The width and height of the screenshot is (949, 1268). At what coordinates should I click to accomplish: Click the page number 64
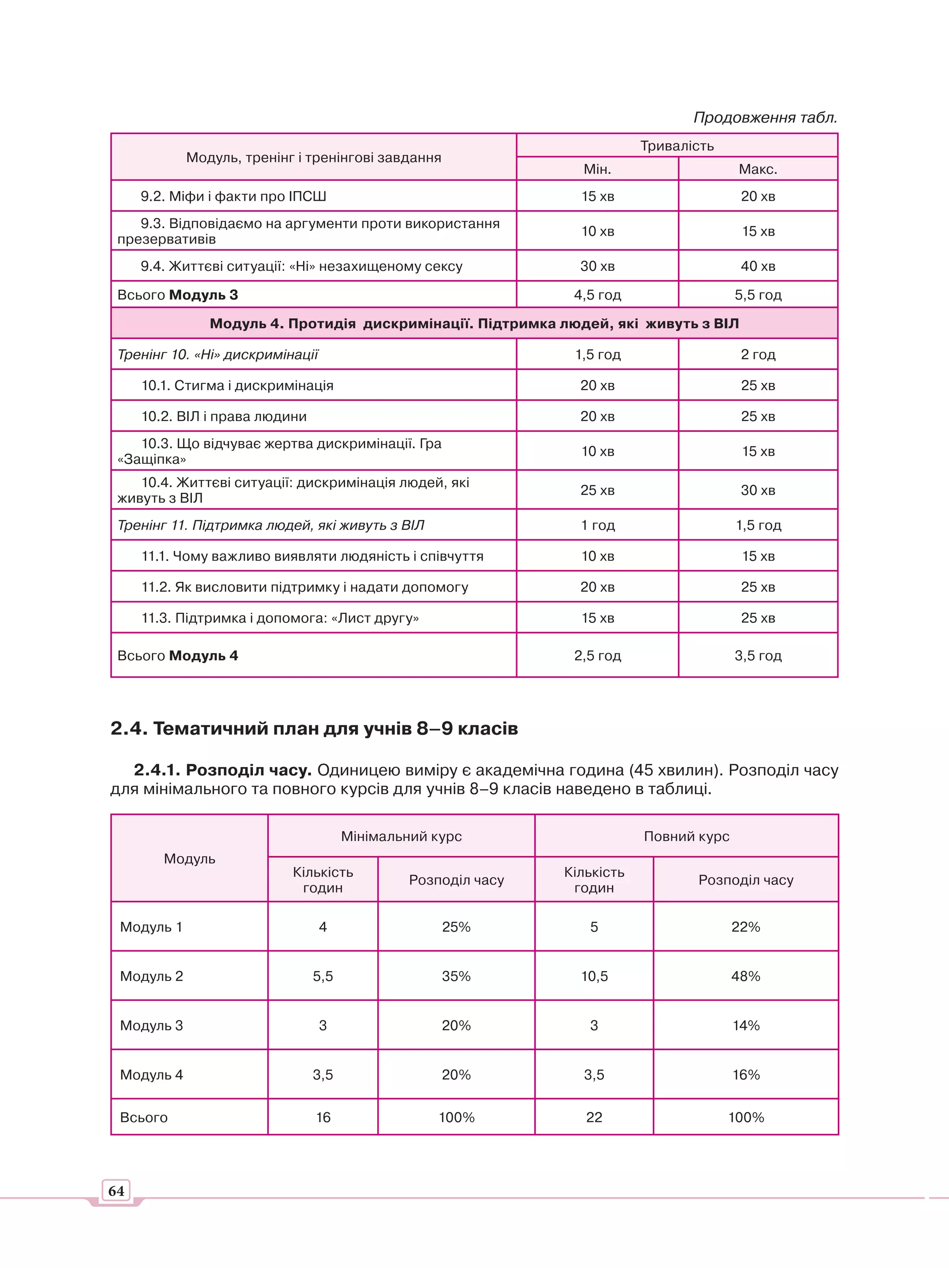pyautogui.click(x=116, y=1191)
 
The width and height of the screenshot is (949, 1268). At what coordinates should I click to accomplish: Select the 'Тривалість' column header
pyautogui.click(x=677, y=146)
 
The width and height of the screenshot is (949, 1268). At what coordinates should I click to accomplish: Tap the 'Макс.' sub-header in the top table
pyautogui.click(x=758, y=169)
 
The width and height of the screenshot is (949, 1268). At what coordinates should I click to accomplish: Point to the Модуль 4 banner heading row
pyautogui.click(x=474, y=323)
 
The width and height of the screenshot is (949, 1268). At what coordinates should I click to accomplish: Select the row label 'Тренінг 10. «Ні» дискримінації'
pyautogui.click(x=218, y=354)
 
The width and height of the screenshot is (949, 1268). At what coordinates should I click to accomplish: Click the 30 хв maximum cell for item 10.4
pyautogui.click(x=758, y=490)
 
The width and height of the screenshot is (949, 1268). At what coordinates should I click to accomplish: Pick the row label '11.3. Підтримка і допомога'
pyautogui.click(x=280, y=618)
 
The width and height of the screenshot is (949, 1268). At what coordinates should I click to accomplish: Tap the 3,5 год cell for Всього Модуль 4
pyautogui.click(x=758, y=655)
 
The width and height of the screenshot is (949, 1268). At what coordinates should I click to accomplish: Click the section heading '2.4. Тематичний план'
pyautogui.click(x=314, y=728)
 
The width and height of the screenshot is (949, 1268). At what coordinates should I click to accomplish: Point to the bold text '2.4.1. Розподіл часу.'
pyautogui.click(x=222, y=770)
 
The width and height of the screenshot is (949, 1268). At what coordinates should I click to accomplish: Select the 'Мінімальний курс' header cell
pyautogui.click(x=401, y=836)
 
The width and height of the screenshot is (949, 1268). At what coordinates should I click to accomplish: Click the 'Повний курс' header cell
pyautogui.click(x=686, y=836)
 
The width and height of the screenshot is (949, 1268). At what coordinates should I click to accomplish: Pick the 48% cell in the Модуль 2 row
pyautogui.click(x=745, y=976)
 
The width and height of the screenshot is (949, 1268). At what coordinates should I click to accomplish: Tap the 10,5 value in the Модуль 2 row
pyautogui.click(x=594, y=976)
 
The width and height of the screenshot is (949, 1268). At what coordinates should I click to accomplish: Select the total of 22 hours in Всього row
pyautogui.click(x=594, y=1117)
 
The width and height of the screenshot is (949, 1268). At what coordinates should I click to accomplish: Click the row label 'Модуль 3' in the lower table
pyautogui.click(x=151, y=1025)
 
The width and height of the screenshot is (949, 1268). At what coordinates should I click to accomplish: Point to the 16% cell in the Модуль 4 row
pyautogui.click(x=745, y=1074)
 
